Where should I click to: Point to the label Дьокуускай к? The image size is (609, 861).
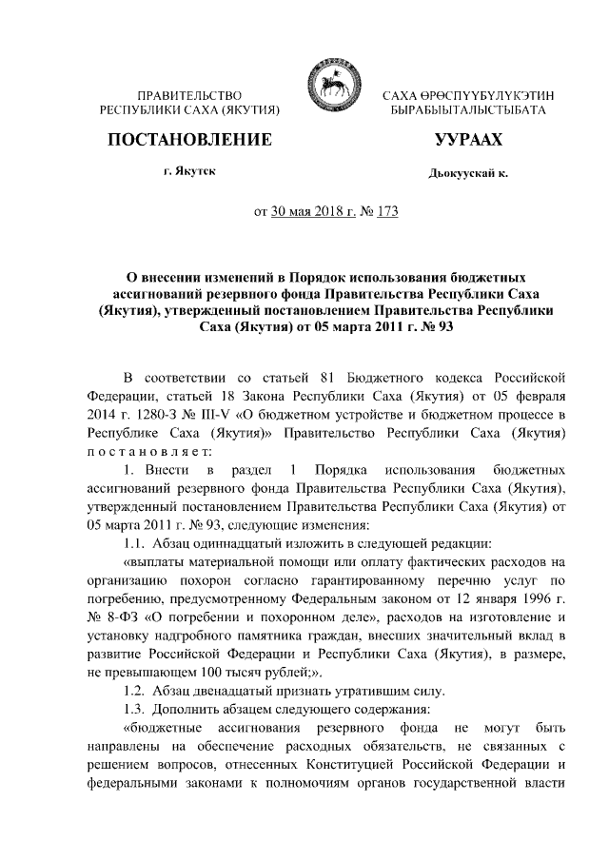[x=467, y=174]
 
